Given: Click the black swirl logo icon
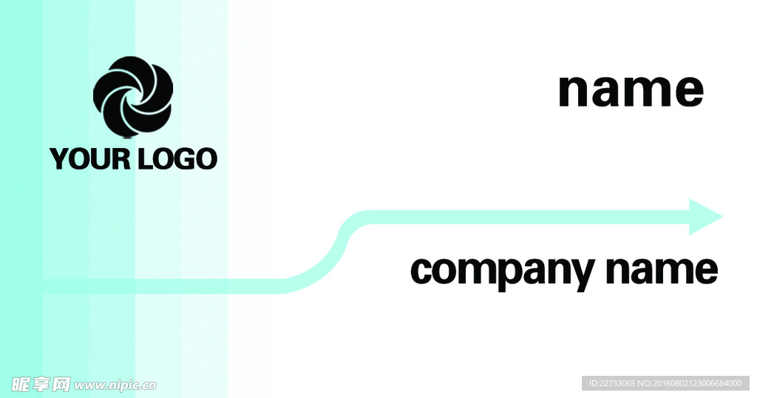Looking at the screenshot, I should click(x=133, y=97).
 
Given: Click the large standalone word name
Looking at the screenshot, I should click(x=631, y=91).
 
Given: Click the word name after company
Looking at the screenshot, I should click(x=662, y=271).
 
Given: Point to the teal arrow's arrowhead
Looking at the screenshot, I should click(x=704, y=217).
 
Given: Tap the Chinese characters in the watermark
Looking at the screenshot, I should click(x=41, y=385).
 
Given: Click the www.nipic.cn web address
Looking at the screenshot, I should click(x=116, y=385).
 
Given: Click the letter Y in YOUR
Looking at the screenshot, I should click(x=58, y=159).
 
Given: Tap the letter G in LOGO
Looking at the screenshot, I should click(x=183, y=159).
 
